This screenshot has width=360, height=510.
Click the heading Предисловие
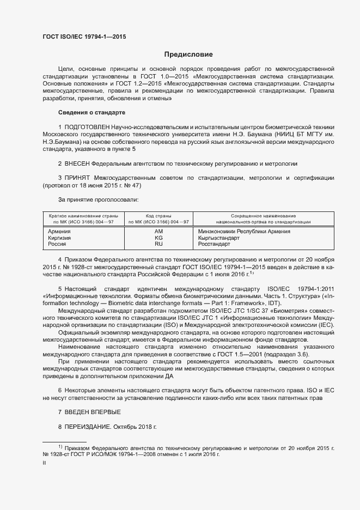click(188, 54)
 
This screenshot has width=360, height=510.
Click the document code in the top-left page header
click(84, 37)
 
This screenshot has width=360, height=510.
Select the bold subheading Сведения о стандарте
click(91, 112)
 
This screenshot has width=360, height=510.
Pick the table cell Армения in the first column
click(59, 232)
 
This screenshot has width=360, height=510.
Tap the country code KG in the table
click(158, 238)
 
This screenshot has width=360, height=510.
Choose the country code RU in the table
click(158, 245)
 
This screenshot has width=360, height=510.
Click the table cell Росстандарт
click(214, 245)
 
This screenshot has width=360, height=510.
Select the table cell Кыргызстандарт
click(218, 238)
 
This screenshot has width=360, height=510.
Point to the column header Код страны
click(158, 216)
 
